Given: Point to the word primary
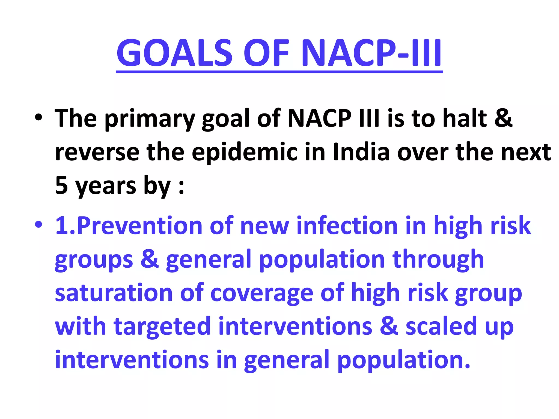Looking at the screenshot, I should (x=150, y=119).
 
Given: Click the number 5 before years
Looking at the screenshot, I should (x=61, y=185).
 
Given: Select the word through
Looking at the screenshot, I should (x=438, y=260).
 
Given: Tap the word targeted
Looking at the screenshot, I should (x=162, y=327).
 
